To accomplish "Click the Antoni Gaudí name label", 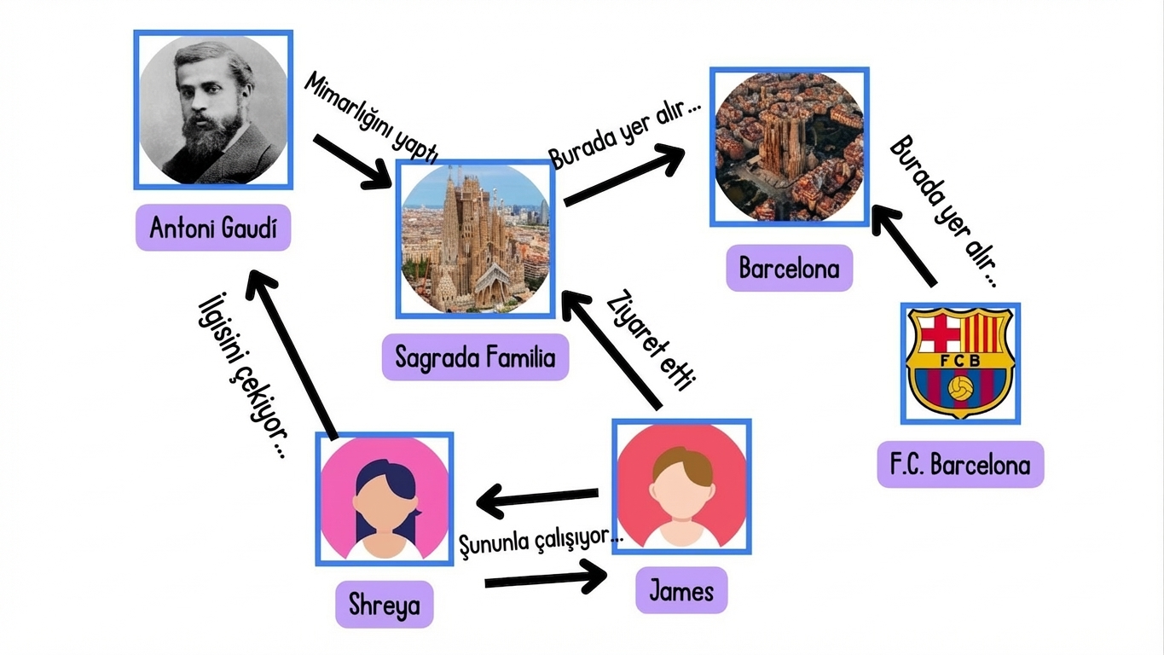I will [x=213, y=228].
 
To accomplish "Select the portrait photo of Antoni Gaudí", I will [x=213, y=110].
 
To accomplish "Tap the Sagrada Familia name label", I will [x=475, y=356].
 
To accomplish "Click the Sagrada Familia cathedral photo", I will [x=475, y=239].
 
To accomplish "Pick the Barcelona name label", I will [x=789, y=269].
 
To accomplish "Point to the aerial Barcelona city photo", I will [x=790, y=147].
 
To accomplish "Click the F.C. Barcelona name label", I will [x=960, y=465].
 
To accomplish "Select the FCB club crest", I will [x=960, y=363].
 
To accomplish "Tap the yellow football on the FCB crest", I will [x=961, y=389].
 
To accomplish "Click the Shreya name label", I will [x=384, y=605].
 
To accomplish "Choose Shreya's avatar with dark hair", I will [x=384, y=499].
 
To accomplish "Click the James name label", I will [x=680, y=590].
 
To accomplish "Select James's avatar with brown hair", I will [x=681, y=486].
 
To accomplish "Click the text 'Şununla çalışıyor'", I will [x=540, y=538].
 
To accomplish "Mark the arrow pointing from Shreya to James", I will [x=546, y=580].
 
